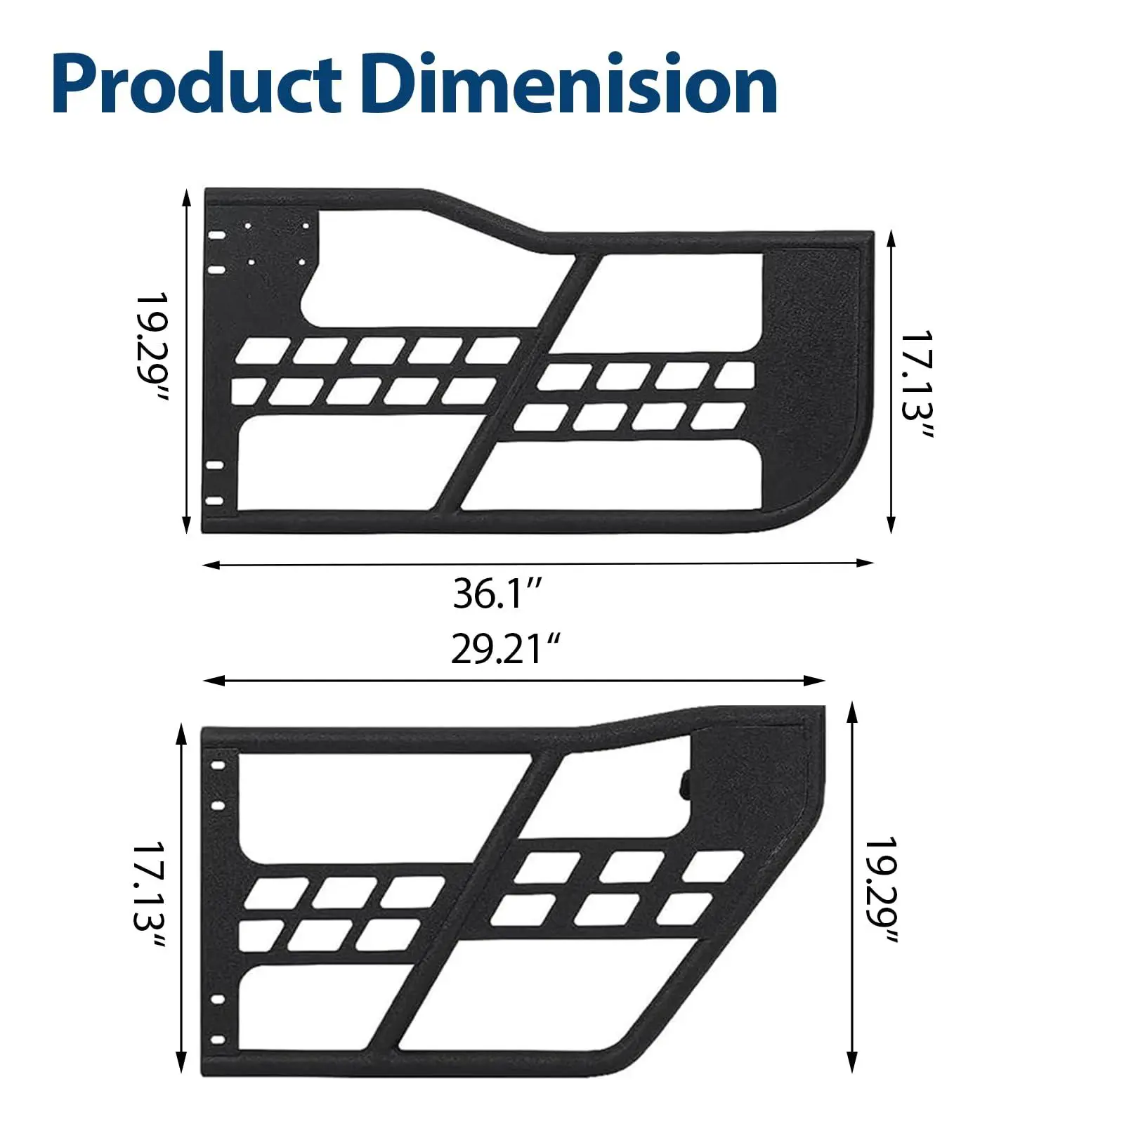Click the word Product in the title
[197, 85]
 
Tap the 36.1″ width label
[498, 594]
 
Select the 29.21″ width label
[505, 648]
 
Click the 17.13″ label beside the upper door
[917, 385]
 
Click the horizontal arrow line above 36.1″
[538, 563]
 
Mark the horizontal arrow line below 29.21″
[514, 680]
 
